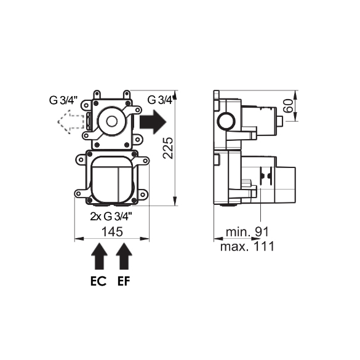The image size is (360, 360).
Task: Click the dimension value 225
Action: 168,148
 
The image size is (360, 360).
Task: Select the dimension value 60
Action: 289,106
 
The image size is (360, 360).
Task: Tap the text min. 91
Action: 247,231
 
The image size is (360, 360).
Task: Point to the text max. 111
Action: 247,246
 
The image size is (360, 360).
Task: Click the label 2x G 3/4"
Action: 111,216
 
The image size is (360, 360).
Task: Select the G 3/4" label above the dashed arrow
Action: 63,100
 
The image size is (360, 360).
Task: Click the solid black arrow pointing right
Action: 153,122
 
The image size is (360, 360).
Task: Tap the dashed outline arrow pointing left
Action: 71,122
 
